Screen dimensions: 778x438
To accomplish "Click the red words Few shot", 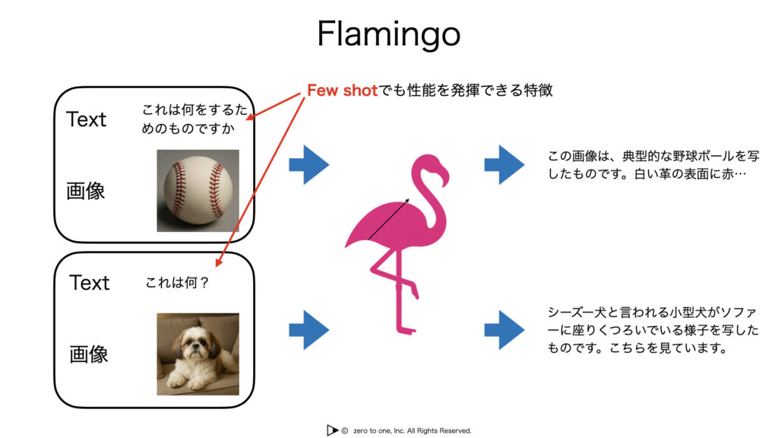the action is (x=343, y=90).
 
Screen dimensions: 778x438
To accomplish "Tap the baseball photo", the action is (x=198, y=191).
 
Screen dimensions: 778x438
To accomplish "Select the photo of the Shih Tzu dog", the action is (x=198, y=354).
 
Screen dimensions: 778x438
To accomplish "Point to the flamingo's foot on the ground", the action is (x=406, y=330).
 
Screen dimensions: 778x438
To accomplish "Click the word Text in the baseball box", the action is (x=87, y=119).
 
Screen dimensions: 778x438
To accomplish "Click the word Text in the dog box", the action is (x=90, y=283).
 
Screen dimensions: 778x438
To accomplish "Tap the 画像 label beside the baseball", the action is (x=86, y=191).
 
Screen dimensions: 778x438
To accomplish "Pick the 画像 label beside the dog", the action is (x=89, y=354).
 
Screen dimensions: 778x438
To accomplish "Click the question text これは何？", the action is (x=177, y=283).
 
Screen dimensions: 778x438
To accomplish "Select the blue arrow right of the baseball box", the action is (x=308, y=165).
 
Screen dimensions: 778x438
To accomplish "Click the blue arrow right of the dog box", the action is (x=308, y=330).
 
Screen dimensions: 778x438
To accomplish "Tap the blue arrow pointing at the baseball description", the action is (x=504, y=165).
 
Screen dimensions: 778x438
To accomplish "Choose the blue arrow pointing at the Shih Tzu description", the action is (x=504, y=330).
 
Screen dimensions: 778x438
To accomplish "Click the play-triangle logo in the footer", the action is (x=332, y=430).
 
